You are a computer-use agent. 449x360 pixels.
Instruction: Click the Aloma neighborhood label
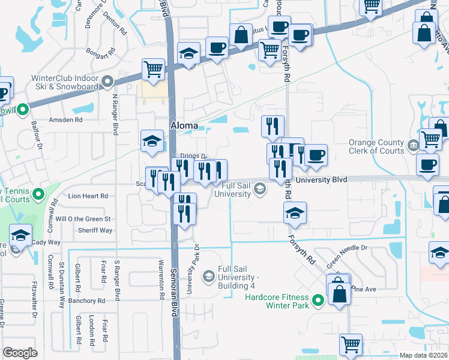coord(184,125)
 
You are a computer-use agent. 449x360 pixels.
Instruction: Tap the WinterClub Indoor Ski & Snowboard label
coord(65,82)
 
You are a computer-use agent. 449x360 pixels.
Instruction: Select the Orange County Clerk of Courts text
coord(376,146)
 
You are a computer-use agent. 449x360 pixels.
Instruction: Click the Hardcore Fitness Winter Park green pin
coord(319,301)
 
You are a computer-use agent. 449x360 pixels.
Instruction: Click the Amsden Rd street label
coord(65,120)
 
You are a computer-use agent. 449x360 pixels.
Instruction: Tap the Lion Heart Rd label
coord(88,196)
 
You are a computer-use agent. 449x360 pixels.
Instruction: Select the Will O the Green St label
coord(84,218)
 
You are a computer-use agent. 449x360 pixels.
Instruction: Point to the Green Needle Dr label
coord(346,253)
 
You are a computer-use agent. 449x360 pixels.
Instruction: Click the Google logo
coord(20,353)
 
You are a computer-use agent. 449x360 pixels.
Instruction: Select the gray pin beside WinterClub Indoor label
coord(108,82)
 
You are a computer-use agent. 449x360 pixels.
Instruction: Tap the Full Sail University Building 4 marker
coord(208,276)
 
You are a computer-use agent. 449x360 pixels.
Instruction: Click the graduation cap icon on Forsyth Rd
coord(295,213)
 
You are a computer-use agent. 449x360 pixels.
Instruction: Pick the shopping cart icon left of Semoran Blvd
coord(153,69)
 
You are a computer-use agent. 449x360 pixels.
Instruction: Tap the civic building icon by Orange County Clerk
coord(414,145)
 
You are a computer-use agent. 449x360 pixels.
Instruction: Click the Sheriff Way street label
coord(95,230)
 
